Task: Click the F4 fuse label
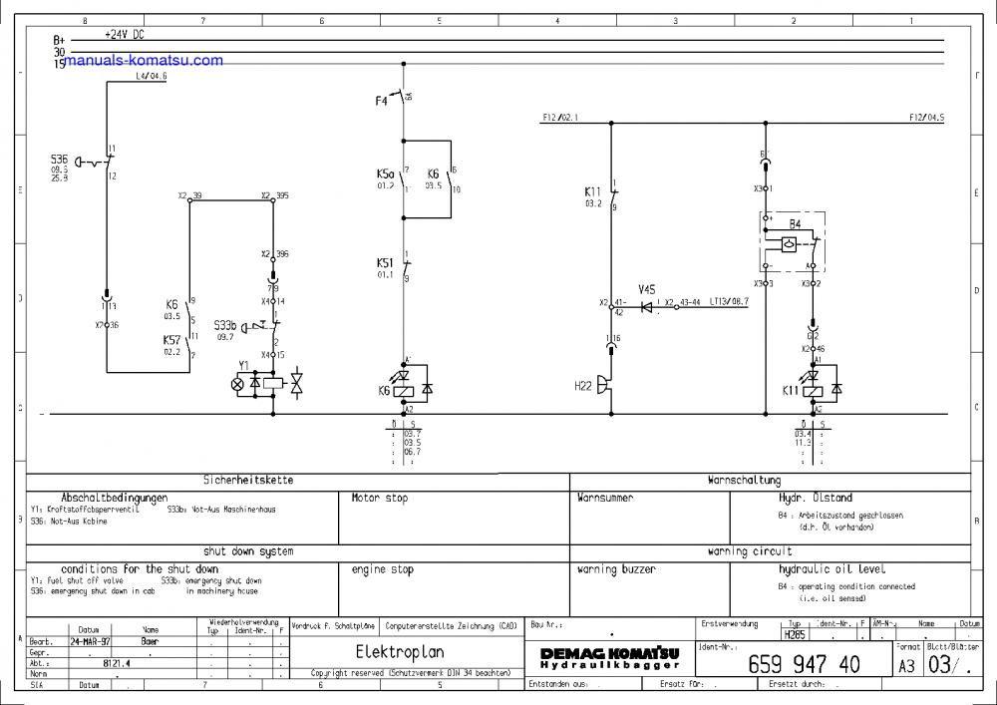381,101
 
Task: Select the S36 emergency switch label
60,160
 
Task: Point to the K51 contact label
385,263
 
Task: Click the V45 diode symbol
646,307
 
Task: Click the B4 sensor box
791,240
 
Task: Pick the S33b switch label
225,325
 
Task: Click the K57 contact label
171,340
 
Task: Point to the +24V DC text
126,33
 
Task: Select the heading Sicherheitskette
248,480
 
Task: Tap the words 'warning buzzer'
616,569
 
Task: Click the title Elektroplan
399,651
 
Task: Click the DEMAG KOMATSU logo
610,657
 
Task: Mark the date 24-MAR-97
91,642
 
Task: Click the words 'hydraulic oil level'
831,569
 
